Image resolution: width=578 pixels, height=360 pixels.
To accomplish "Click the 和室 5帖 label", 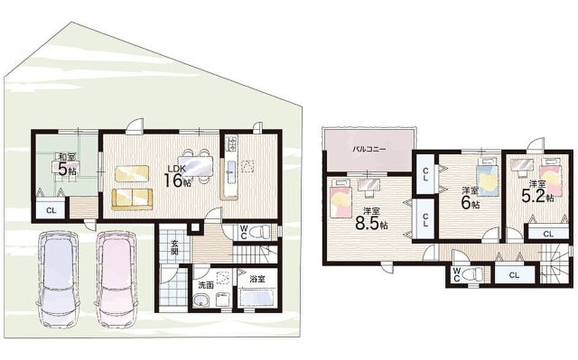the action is click(66, 164).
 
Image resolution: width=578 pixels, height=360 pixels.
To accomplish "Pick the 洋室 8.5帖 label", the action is click(372, 219).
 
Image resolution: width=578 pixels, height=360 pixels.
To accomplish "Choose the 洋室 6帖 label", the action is click(471, 198).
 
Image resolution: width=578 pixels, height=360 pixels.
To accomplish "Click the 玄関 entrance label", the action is click(175, 247).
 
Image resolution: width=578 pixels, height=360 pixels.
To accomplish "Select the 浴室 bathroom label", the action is click(258, 279).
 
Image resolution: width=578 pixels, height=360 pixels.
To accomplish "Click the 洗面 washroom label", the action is click(206, 284).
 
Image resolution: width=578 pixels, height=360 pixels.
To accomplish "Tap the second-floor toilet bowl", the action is click(472, 274).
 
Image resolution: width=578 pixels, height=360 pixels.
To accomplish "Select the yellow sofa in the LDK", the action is click(132, 199).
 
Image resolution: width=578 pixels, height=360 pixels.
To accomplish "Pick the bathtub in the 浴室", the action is click(257, 297).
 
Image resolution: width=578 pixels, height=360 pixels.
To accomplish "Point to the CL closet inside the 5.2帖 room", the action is click(548, 234).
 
